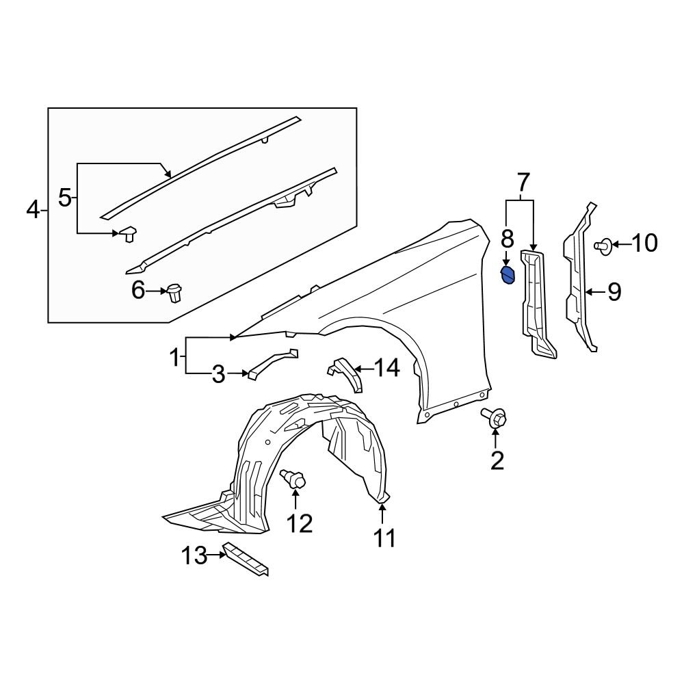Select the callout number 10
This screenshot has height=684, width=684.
point(643,243)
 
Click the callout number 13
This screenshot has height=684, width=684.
point(194,555)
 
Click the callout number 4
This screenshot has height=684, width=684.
point(33,210)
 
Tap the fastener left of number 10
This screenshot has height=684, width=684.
point(605,245)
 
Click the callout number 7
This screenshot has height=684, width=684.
point(522,183)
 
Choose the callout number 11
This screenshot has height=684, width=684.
point(384,538)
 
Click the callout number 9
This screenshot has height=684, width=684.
point(614,293)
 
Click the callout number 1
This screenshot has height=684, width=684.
point(175,356)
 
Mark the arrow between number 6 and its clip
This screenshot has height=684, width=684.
point(157,292)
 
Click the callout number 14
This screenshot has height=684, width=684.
point(386,369)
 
